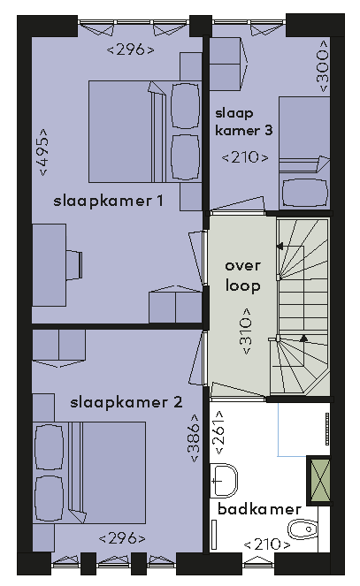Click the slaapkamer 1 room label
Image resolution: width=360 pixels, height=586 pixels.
pyautogui.click(x=109, y=201)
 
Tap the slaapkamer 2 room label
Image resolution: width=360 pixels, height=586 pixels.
pyautogui.click(x=126, y=402)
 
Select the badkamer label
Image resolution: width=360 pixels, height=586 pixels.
pyautogui.click(x=259, y=508)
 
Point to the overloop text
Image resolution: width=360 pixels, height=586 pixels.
pyautogui.click(x=242, y=276)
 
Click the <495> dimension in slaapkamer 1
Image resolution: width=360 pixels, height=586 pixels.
pyautogui.click(x=43, y=152)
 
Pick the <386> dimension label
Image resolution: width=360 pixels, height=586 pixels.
pyautogui.click(x=195, y=438)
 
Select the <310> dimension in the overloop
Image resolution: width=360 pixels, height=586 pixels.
pyautogui.click(x=247, y=331)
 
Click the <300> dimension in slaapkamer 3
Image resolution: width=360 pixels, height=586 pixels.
pyautogui.click(x=322, y=66)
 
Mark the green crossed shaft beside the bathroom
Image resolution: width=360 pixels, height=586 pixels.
pyautogui.click(x=320, y=480)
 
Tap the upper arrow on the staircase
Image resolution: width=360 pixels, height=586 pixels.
pyautogui.click(x=280, y=247)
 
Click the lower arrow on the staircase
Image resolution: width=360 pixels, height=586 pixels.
pyautogui.click(x=303, y=339)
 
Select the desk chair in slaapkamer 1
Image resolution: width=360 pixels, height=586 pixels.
pyautogui.click(x=74, y=264)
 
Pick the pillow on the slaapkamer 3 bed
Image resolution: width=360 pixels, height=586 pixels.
pyautogui.click(x=304, y=193)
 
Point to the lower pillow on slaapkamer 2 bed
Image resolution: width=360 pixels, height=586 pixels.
pyautogui.click(x=49, y=498)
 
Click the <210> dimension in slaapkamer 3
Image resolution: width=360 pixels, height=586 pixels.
pyautogui.click(x=245, y=157)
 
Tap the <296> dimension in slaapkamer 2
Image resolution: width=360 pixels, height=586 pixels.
pyautogui.click(x=122, y=538)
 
